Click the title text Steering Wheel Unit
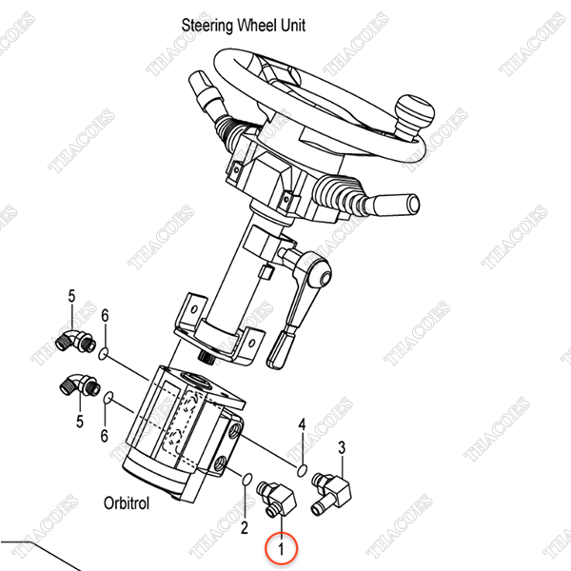click(x=244, y=26)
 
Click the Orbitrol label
click(x=127, y=503)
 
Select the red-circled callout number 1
click(x=281, y=549)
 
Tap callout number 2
click(x=245, y=527)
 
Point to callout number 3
click(x=342, y=447)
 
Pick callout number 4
click(x=302, y=424)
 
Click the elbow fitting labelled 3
click(x=331, y=493)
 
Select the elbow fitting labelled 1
click(x=277, y=499)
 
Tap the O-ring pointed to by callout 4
click(x=302, y=470)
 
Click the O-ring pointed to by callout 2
click(x=246, y=479)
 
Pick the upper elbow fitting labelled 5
click(x=76, y=341)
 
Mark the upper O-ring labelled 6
click(x=104, y=353)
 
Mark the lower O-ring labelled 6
click(x=108, y=398)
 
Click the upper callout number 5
click(x=71, y=296)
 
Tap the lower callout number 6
click(x=105, y=435)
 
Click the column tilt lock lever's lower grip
click(x=279, y=349)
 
